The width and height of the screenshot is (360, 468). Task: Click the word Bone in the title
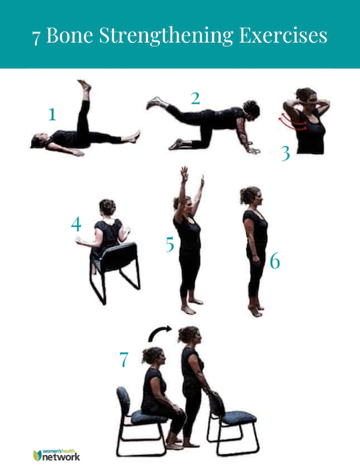pos(70,35)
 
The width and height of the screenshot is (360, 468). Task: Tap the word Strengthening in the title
pos(166,36)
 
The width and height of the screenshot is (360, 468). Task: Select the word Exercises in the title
pos(283,35)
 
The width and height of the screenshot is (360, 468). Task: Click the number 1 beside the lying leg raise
pos(53,114)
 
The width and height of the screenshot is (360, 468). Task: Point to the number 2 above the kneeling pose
pos(196,98)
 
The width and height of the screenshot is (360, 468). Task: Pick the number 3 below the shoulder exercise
pos(286,153)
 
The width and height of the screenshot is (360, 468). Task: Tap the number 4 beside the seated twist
pos(76,224)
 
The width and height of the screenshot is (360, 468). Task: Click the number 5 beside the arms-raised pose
pos(170,244)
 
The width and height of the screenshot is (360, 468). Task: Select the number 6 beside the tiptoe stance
pos(275,261)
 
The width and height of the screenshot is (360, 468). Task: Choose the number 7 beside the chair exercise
pos(124,360)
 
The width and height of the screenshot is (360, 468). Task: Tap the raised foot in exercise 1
pos(85,86)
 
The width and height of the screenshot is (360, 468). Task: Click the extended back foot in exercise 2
pos(154,103)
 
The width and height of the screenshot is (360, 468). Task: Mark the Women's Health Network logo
pos(56,455)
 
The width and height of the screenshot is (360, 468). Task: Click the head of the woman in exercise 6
pos(251,196)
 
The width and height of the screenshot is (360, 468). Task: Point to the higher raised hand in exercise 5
pos(184,174)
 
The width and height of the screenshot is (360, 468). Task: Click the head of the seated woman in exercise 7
pos(154,356)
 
